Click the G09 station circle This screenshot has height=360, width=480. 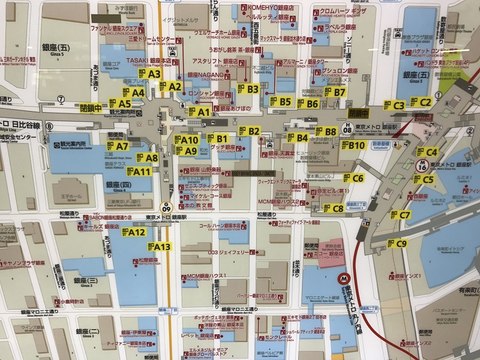(166, 208)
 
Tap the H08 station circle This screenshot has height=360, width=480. (347, 128)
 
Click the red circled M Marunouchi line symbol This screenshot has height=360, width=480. (344, 278)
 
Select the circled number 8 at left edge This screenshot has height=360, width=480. (49, 127)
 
